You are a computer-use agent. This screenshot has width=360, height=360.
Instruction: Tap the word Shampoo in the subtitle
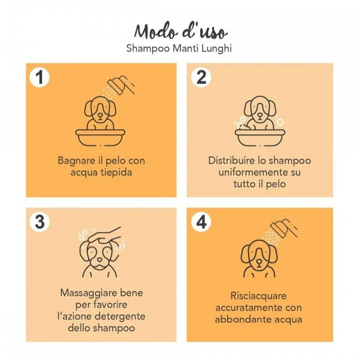148,49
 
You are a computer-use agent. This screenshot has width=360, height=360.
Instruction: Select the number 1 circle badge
40,77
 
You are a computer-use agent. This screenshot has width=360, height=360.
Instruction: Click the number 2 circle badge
201,77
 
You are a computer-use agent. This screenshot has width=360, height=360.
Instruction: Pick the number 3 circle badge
40,222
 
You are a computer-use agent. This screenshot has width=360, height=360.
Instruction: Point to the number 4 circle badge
201,222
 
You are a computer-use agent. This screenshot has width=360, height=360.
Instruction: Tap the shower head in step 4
284,228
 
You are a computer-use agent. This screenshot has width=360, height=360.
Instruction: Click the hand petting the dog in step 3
105,235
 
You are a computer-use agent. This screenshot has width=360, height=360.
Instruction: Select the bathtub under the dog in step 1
100,138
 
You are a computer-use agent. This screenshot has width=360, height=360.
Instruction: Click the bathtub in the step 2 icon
260,138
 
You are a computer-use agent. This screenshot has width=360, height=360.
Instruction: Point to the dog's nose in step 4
259,262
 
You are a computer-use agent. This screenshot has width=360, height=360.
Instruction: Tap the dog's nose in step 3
99,260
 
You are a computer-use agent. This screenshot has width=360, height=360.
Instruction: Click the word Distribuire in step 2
232,161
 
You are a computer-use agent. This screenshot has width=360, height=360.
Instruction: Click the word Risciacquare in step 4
258,297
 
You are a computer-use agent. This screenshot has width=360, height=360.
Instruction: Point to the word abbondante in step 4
241,319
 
